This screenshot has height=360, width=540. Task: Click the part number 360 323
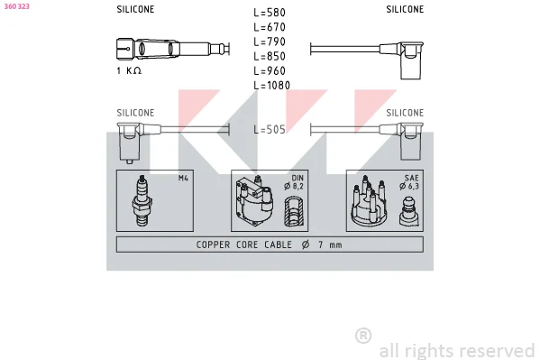[x=16, y=6]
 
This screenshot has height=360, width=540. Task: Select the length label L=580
[x=270, y=13]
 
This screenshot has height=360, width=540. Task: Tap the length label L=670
[x=270, y=27]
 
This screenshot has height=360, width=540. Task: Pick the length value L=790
[x=270, y=42]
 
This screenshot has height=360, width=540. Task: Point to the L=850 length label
[x=270, y=56]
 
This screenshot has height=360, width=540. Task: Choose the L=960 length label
[x=270, y=70]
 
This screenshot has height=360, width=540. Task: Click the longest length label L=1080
[x=271, y=85]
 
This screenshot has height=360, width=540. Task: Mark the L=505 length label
[x=270, y=129]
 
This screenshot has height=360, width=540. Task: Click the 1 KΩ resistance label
[x=129, y=70]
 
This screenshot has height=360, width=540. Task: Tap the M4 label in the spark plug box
[x=183, y=178]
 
